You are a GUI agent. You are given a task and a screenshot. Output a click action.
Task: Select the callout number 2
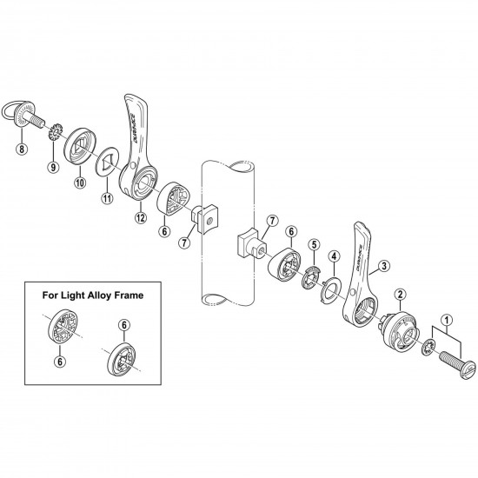point(399,294)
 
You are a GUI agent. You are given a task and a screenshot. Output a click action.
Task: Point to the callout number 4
point(333,256)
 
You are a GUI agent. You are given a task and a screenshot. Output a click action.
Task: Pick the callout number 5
point(314,244)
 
